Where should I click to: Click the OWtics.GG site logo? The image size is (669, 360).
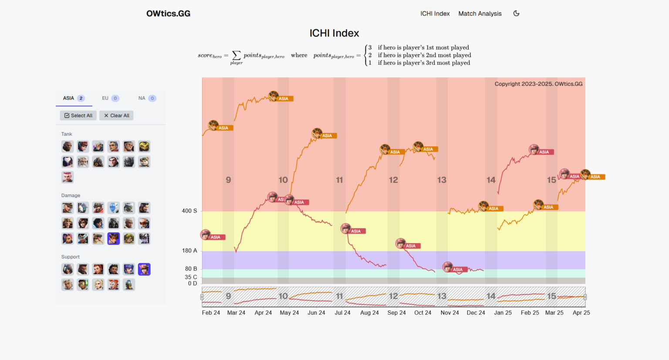[168, 14]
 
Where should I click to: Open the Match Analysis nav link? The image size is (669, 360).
[480, 14]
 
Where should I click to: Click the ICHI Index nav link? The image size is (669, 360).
[435, 14]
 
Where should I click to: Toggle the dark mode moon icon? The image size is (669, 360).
[516, 14]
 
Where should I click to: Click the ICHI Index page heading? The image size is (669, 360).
[334, 33]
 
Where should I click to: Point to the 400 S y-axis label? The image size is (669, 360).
[189, 211]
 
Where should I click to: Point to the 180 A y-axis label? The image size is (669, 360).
[189, 251]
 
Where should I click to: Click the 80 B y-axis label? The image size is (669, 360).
[191, 269]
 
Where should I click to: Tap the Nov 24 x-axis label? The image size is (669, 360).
[449, 312]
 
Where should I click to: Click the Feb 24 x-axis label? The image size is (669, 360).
[211, 312]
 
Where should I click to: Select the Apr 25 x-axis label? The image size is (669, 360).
[581, 312]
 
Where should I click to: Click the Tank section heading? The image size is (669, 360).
[67, 134]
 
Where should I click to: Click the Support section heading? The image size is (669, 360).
[71, 257]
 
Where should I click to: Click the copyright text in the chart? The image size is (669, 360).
[538, 84]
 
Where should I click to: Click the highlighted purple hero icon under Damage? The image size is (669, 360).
[114, 238]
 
